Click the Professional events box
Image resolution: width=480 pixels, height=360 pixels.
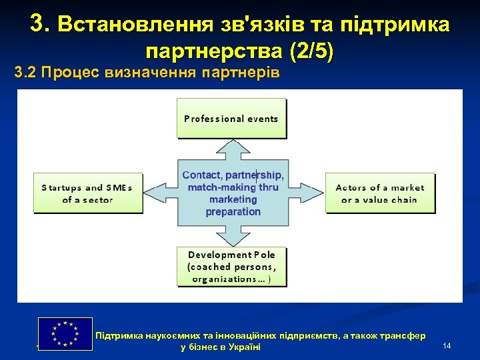click(231, 119)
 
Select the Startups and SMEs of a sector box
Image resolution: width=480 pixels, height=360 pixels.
click(87, 193)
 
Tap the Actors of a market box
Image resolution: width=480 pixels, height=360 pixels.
click(379, 193)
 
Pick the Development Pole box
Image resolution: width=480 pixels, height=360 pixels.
click(231, 267)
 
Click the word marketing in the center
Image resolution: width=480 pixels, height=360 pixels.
click(233, 199)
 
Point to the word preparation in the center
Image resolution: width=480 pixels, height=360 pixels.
click(233, 211)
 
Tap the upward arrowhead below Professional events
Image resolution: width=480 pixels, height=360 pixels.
click(233, 146)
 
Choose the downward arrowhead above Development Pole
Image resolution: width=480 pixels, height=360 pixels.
click(233, 239)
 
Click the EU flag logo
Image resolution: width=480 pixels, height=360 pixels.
click(65, 333)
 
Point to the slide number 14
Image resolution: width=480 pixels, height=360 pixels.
click(447, 345)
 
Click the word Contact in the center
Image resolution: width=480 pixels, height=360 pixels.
click(202, 175)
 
